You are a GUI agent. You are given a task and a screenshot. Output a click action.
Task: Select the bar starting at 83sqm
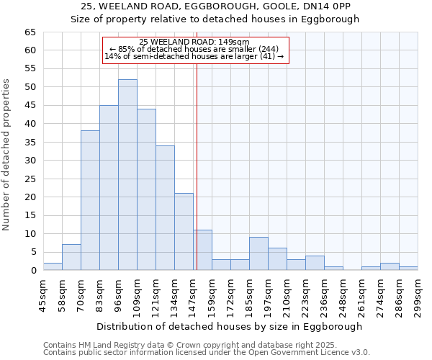click(x=109, y=188)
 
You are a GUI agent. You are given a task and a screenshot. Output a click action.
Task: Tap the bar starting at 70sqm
click(x=90, y=201)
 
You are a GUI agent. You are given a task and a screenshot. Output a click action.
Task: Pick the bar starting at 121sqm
click(x=165, y=208)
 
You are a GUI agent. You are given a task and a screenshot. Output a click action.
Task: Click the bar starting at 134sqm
click(x=184, y=232)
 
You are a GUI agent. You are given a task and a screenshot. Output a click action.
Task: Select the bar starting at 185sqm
click(x=258, y=254)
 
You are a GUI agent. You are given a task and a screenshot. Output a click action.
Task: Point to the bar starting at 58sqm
click(x=71, y=258)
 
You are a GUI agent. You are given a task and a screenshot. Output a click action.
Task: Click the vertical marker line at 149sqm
click(x=197, y=158)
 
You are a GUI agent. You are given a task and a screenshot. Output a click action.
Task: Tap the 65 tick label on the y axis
click(x=30, y=32)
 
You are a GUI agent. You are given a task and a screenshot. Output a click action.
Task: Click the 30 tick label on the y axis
click(x=30, y=161)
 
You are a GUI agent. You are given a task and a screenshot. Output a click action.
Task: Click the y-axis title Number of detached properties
click(x=6, y=155)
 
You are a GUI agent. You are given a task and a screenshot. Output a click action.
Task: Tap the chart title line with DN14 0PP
click(x=215, y=6)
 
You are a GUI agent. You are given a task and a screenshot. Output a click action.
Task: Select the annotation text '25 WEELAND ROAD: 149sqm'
click(x=194, y=42)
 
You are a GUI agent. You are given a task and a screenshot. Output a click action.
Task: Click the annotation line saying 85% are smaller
click(x=194, y=49)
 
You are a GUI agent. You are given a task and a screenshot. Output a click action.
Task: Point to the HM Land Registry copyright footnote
click(x=205, y=345)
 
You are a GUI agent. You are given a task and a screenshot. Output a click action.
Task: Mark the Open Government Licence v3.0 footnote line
click(x=207, y=352)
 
